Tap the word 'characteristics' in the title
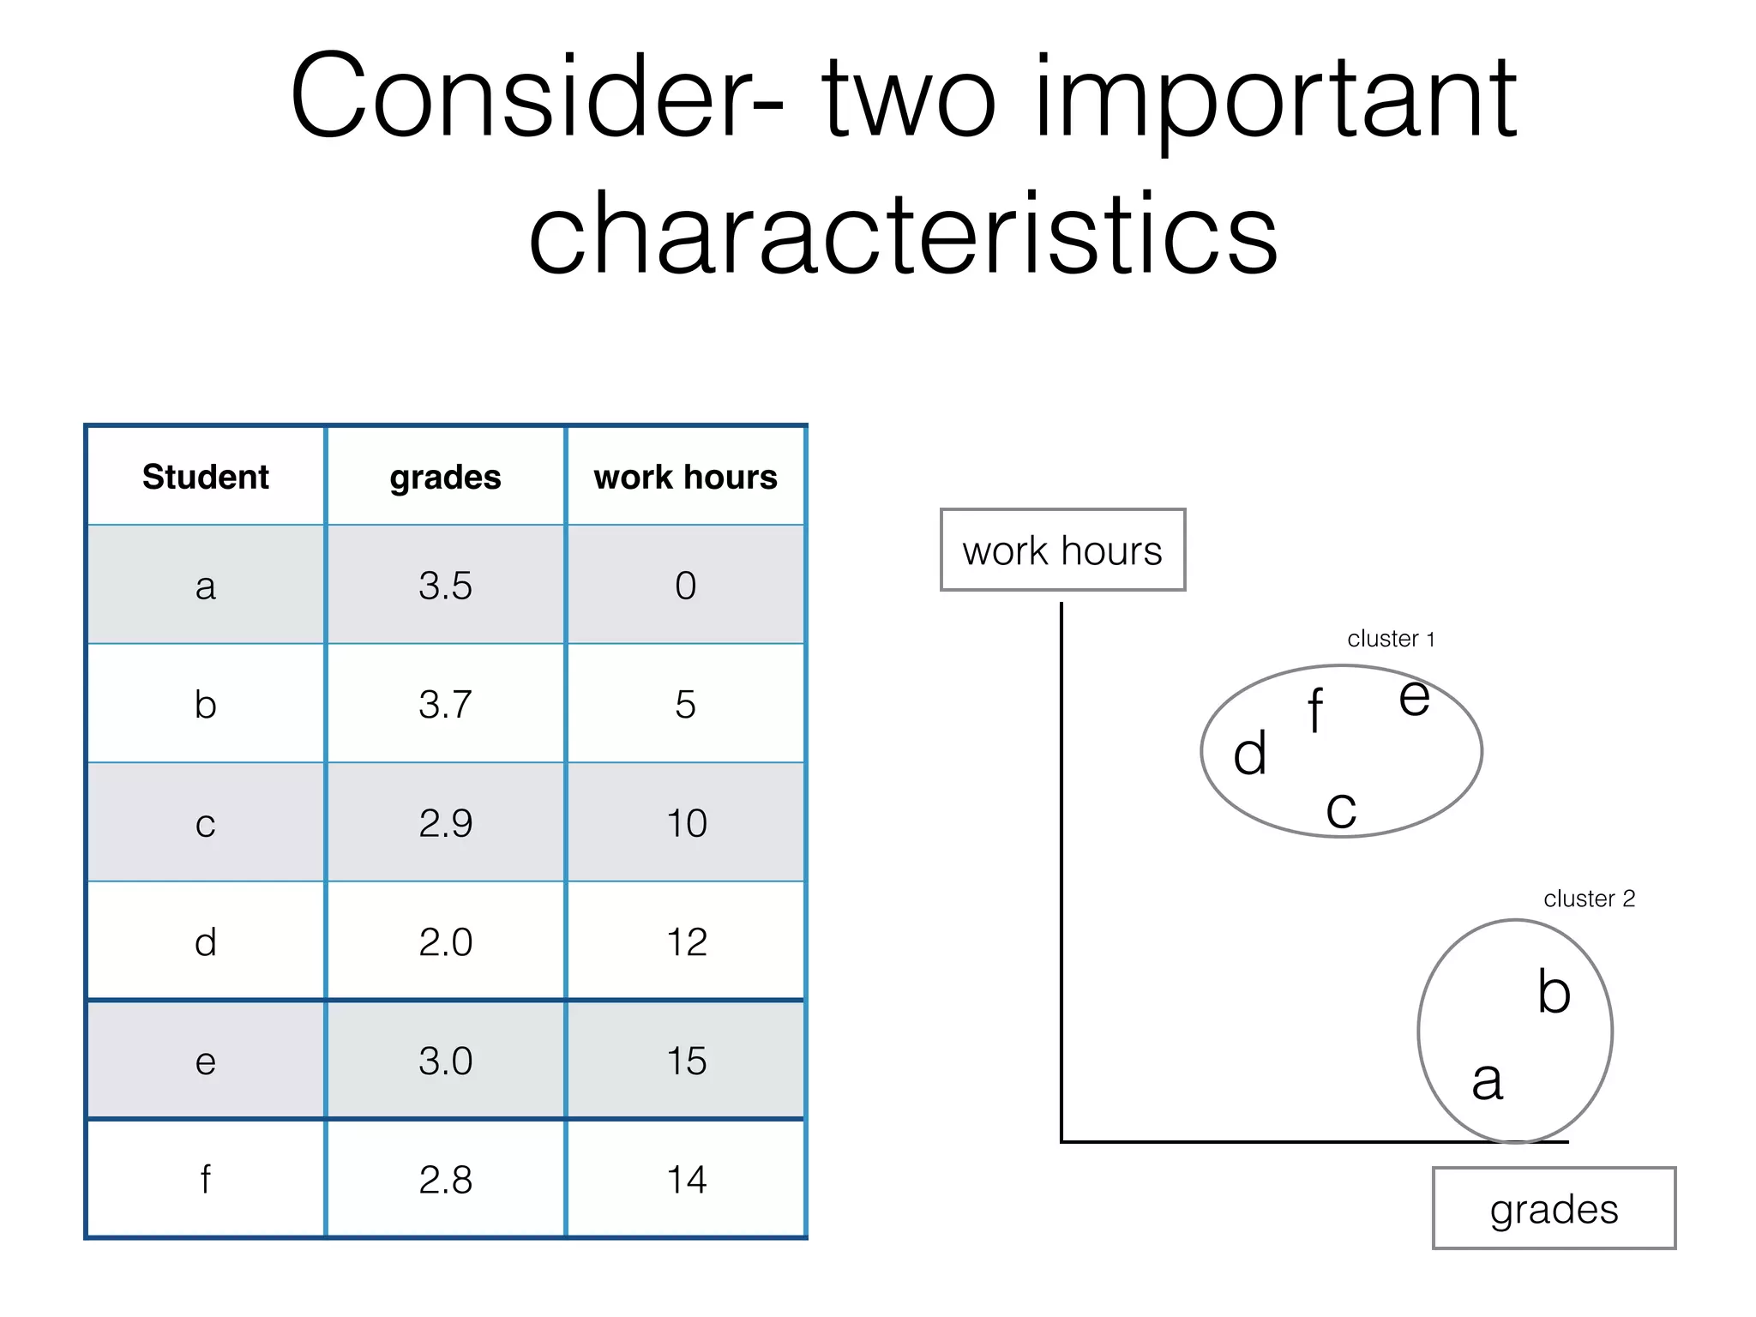(x=903, y=233)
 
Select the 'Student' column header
(x=206, y=477)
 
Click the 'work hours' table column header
(x=685, y=477)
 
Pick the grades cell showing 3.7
(x=445, y=704)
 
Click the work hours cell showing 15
(x=686, y=1061)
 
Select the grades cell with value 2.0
(x=445, y=941)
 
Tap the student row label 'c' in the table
(x=206, y=823)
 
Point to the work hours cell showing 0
(x=685, y=586)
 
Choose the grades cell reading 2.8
(x=445, y=1179)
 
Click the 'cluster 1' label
(x=1391, y=639)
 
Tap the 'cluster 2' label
(x=1589, y=899)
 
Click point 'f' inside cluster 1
(x=1315, y=711)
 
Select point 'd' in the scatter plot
(x=1249, y=755)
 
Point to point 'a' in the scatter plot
(x=1488, y=1080)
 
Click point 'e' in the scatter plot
(x=1414, y=697)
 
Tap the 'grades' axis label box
(x=1554, y=1209)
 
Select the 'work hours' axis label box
(x=1062, y=550)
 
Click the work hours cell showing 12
(x=686, y=941)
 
